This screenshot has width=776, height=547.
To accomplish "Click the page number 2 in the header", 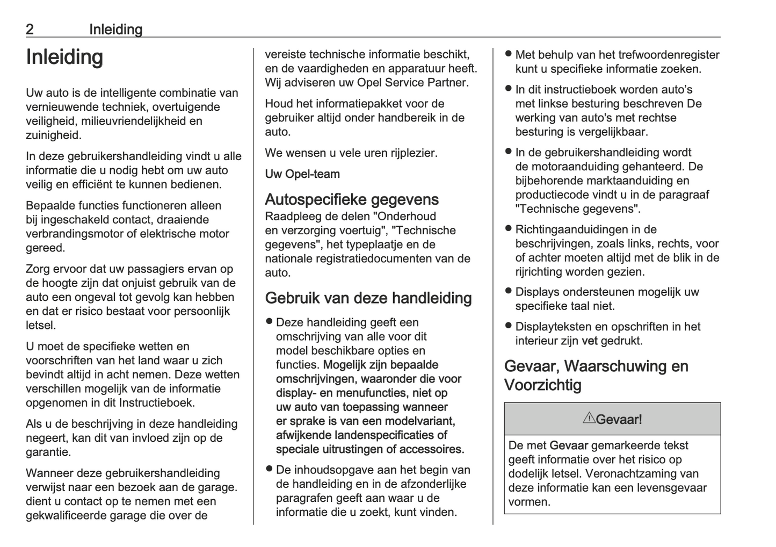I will point(30,30).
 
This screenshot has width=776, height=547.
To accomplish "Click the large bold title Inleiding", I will point(64,57).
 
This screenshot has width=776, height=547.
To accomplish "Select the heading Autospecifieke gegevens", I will point(351,199).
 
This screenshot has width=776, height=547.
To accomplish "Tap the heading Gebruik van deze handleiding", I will point(368,298).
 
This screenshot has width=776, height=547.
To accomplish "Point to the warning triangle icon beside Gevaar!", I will point(589,418).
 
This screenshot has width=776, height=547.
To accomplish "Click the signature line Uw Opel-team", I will point(302,174).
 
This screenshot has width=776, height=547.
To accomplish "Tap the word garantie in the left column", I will point(48,452).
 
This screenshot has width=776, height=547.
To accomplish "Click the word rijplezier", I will point(414,153).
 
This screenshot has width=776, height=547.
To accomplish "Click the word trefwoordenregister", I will point(669,55).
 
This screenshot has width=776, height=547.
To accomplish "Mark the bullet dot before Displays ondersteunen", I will point(508,291).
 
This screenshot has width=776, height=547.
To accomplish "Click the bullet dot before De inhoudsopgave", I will point(269,469).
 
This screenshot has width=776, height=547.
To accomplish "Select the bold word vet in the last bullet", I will point(589,341).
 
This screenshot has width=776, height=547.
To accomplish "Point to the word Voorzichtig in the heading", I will point(542,385).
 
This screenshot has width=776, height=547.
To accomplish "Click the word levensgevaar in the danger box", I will point(675,488).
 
